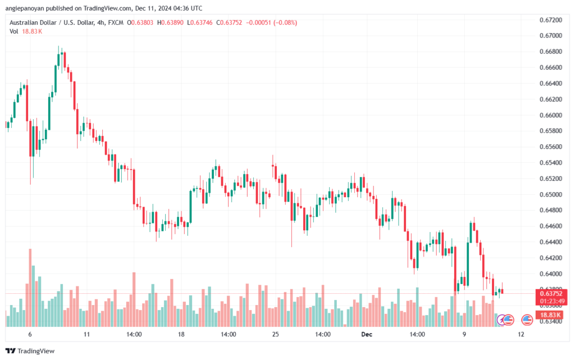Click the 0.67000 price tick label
[x=550, y=35]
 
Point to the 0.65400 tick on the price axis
[x=550, y=163]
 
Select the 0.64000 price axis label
[x=550, y=274]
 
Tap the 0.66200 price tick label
[x=550, y=99]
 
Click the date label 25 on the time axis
[x=275, y=334]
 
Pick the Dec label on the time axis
[x=366, y=334]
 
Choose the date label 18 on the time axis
[x=181, y=334]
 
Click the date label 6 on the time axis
[x=30, y=334]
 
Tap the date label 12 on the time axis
[x=521, y=334]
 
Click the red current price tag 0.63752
[x=551, y=294]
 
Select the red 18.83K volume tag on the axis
[x=550, y=315]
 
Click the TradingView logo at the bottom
[x=30, y=351]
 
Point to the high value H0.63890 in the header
[x=170, y=22]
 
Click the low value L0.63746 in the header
[x=200, y=22]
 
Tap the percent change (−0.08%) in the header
[x=285, y=22]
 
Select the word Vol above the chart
[x=13, y=31]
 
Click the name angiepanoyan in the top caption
[x=24, y=8]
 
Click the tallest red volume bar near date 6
[x=30, y=288]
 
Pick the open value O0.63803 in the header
[x=140, y=22]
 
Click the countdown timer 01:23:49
[x=552, y=302]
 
